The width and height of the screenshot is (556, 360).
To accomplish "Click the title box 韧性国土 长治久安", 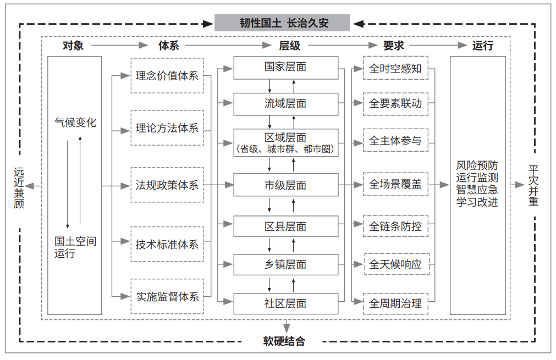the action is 282,23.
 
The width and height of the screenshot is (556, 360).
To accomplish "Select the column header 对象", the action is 73,46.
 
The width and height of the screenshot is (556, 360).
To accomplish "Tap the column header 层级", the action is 289,46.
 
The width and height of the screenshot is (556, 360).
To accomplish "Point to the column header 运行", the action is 483,46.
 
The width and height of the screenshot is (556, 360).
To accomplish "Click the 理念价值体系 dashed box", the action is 167,75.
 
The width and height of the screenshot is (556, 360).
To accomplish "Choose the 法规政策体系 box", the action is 167,185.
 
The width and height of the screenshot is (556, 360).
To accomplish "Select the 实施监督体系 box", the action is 167,296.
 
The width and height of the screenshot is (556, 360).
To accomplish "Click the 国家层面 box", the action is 286,68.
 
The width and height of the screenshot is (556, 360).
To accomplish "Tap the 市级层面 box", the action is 286,185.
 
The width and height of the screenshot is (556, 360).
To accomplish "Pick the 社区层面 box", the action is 286,303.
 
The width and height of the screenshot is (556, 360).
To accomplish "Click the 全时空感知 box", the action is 396,68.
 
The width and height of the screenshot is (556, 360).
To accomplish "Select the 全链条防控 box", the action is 396,226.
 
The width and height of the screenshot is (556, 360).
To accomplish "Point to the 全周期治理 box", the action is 396,303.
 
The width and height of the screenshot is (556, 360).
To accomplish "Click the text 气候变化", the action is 75,123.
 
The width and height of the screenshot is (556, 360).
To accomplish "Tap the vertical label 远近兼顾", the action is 19,188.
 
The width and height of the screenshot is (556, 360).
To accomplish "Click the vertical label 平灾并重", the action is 533,186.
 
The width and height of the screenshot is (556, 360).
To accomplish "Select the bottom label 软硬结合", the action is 284,341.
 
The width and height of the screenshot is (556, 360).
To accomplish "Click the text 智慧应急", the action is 477,190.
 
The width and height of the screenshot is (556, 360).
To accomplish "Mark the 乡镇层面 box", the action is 286,264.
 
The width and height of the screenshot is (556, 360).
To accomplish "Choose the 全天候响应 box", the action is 397,264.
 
